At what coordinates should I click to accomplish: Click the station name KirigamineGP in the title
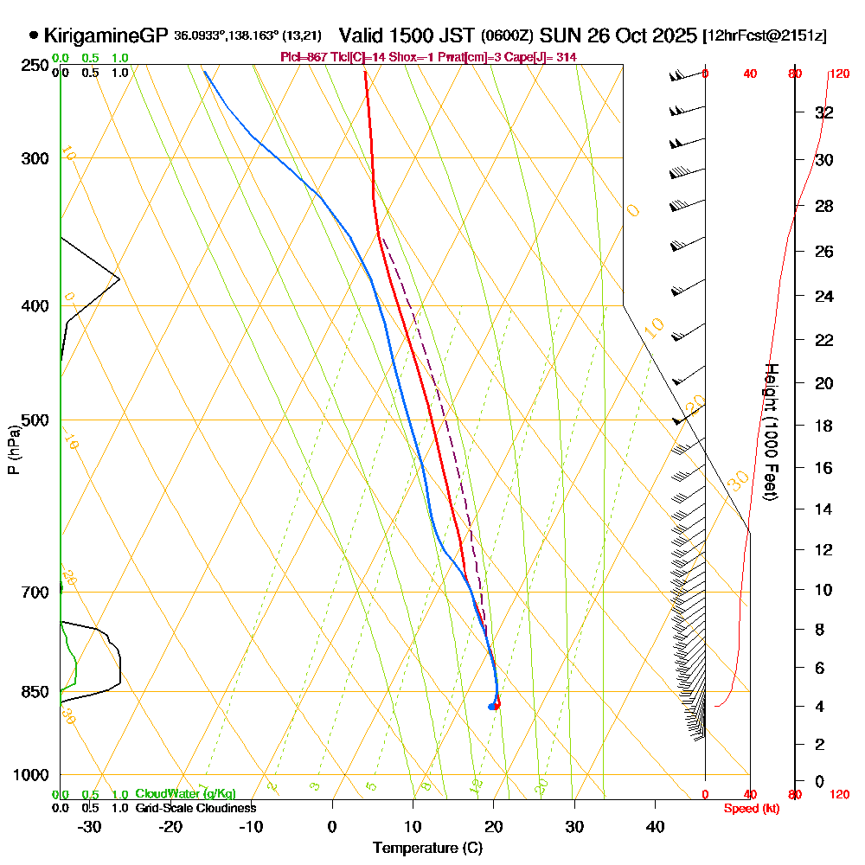(105, 35)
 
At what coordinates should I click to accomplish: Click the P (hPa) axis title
(13, 450)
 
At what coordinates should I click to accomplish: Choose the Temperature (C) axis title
(427, 848)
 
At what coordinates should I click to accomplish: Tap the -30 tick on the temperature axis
(89, 827)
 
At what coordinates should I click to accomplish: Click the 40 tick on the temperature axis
(655, 827)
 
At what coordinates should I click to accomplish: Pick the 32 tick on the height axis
(824, 112)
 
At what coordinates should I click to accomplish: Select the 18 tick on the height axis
(824, 426)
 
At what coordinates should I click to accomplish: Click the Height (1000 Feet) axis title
(770, 431)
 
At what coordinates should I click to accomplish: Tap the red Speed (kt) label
(749, 808)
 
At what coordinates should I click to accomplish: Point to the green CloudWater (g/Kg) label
(185, 794)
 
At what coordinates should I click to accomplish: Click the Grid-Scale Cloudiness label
(195, 808)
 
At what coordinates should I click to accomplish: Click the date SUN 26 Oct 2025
(618, 35)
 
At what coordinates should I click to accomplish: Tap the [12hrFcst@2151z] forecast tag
(765, 36)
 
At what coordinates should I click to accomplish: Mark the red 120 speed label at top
(837, 74)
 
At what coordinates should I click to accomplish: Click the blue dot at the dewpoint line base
(491, 707)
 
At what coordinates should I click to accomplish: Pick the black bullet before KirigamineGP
(34, 35)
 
